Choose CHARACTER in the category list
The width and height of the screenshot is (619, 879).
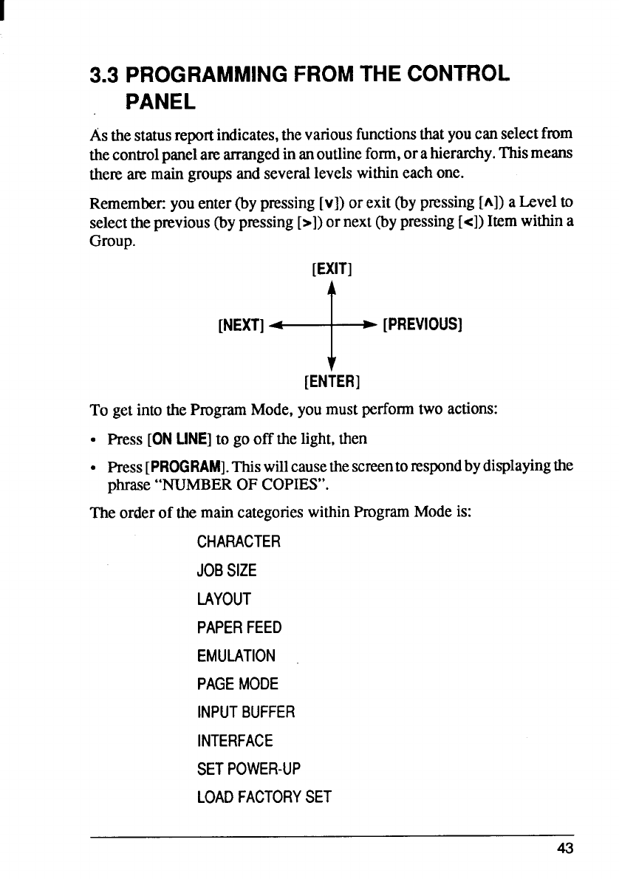click(x=239, y=542)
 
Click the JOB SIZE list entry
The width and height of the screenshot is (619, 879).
click(x=227, y=570)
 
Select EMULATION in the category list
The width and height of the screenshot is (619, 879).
click(x=236, y=656)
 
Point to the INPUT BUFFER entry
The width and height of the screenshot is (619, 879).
click(x=246, y=713)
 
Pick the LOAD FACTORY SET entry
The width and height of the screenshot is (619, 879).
click(x=264, y=797)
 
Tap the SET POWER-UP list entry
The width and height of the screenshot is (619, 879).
click(x=249, y=769)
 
